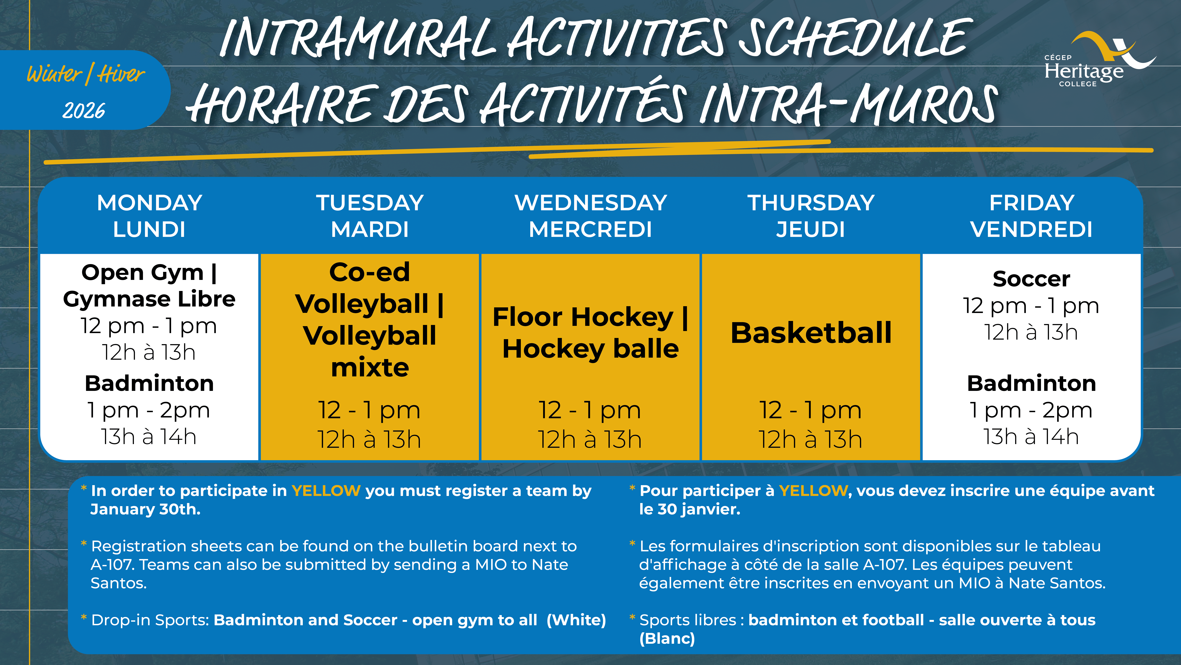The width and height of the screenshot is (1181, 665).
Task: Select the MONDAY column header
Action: (149, 203)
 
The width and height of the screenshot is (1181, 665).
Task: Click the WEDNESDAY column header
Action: (590, 203)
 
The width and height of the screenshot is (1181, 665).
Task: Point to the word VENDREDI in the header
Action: (1032, 229)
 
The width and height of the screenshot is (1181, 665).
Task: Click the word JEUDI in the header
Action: (811, 229)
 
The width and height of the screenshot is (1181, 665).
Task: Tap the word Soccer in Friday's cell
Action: (1032, 279)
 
